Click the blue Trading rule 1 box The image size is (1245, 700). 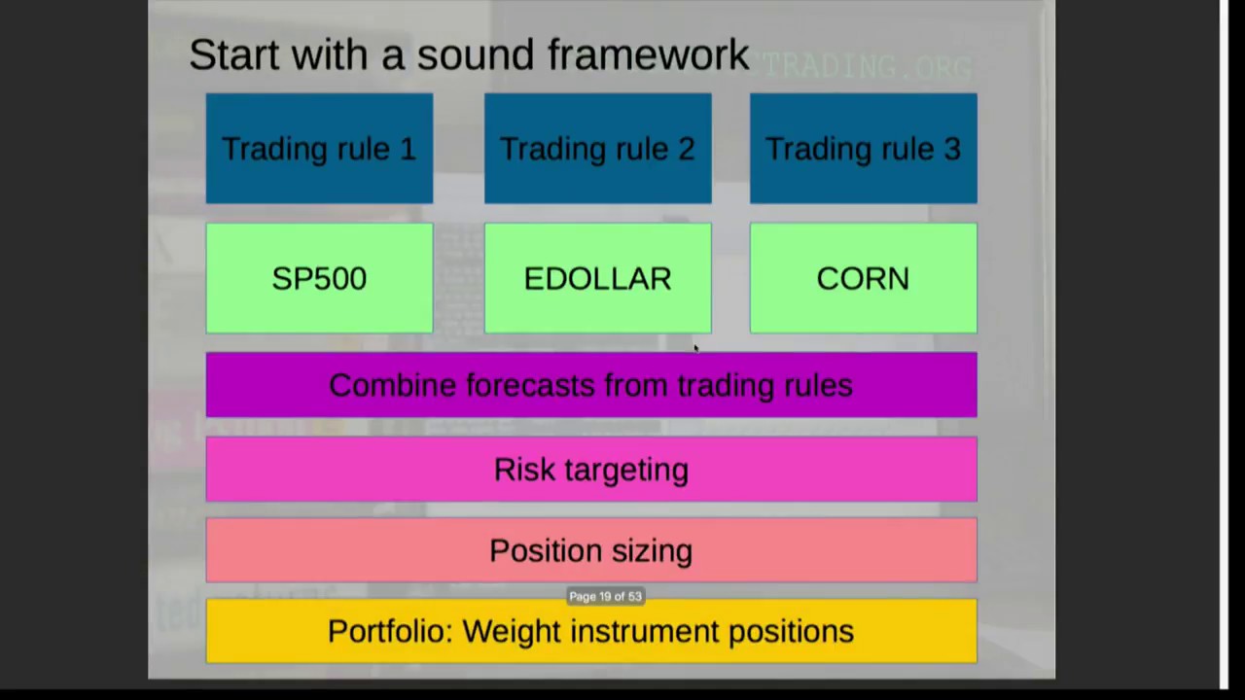coord(319,149)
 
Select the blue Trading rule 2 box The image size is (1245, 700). coord(597,149)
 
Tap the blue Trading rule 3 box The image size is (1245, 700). coord(863,149)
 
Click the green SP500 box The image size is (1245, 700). coord(319,279)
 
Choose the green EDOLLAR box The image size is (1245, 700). coord(597,279)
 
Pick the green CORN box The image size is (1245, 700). coord(863,279)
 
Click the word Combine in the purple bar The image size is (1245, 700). coord(392,386)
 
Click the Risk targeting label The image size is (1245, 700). coord(591,470)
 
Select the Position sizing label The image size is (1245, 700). coord(591,550)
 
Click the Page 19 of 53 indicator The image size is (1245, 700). coord(605,597)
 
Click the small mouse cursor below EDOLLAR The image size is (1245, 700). coord(695,348)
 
